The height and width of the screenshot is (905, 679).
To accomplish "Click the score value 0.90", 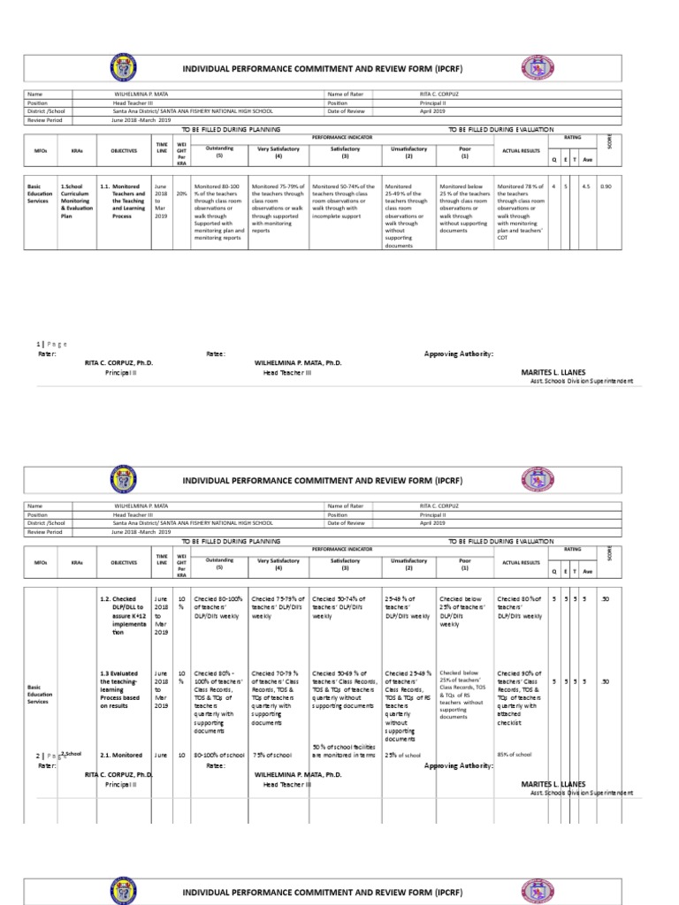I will tap(606, 187).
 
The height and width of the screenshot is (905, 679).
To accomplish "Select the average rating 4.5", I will tap(585, 187).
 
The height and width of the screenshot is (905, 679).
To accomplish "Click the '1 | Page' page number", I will tap(51, 344).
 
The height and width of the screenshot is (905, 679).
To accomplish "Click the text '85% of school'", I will tap(515, 755).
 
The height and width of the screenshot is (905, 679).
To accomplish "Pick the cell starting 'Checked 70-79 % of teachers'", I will tap(278, 697).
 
